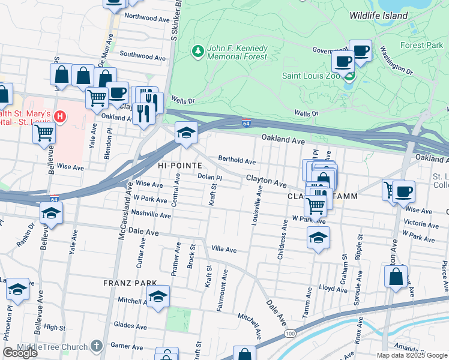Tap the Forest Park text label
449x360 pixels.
(421, 45)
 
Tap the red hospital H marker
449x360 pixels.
(60, 115)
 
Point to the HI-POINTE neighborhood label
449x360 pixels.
(175, 164)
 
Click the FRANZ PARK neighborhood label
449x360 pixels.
(130, 283)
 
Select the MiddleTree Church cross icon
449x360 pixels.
(97, 346)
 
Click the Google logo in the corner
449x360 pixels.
(20, 353)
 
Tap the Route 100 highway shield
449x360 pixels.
(290, 333)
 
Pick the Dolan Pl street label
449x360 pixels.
(210, 178)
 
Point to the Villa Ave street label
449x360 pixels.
(223, 250)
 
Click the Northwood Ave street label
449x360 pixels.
(147, 19)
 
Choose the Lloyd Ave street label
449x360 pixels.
(333, 288)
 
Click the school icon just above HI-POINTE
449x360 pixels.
(186, 133)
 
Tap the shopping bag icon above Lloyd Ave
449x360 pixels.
(396, 278)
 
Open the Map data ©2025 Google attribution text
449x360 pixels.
(411, 355)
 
